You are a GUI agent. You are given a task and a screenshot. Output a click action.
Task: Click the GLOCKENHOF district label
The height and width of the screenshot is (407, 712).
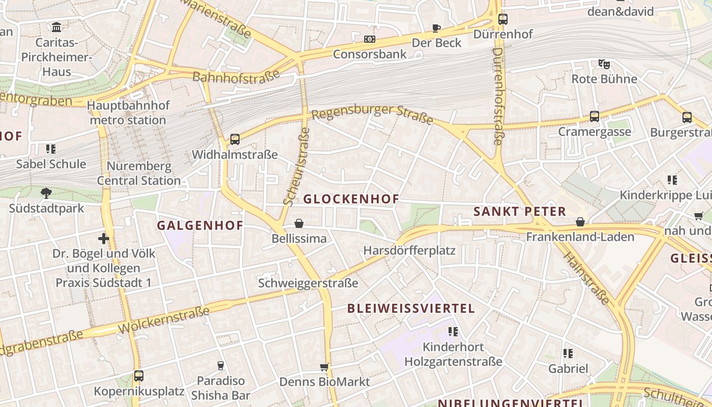(x=351, y=199)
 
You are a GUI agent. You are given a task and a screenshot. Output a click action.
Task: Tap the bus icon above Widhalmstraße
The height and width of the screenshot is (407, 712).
(x=234, y=139)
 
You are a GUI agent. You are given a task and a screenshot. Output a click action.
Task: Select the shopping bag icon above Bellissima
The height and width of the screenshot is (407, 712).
(x=299, y=223)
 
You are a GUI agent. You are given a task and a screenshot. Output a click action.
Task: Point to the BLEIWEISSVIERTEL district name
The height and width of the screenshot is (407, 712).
(x=411, y=308)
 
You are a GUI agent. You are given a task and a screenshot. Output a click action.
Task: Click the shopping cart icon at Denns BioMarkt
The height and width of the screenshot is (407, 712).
(x=324, y=367)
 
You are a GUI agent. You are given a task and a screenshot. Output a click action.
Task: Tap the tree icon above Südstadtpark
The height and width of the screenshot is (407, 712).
(x=46, y=193)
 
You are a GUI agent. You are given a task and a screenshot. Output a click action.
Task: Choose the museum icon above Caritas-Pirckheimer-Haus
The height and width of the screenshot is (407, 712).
(x=56, y=26)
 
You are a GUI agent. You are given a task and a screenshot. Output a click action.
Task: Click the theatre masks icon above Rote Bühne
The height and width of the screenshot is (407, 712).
(x=604, y=64)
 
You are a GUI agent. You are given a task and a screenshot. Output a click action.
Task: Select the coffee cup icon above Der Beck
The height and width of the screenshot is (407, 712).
(x=436, y=28)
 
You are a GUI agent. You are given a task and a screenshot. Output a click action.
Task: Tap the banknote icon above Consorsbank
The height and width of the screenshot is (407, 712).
(x=370, y=39)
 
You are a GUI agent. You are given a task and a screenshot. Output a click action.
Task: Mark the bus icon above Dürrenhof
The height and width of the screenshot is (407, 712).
(x=502, y=19)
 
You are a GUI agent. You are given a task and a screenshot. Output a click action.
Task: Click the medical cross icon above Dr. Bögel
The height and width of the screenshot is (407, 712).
(x=104, y=238)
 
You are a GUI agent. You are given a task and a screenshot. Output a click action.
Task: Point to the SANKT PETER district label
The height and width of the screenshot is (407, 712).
(x=519, y=212)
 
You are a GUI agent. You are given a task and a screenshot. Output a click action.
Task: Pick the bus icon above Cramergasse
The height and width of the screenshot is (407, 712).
(x=594, y=117)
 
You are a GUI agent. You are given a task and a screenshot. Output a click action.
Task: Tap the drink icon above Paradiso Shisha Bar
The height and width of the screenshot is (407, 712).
(x=221, y=365)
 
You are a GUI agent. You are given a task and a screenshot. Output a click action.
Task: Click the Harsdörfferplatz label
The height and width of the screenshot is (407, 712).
(x=409, y=251)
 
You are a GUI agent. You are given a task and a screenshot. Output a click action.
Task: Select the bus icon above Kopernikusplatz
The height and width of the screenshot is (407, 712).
(x=138, y=376)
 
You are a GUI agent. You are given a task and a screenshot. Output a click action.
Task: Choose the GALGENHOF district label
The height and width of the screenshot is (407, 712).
(x=200, y=225)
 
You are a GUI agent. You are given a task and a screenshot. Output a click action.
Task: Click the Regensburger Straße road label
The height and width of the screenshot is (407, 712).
(x=372, y=114)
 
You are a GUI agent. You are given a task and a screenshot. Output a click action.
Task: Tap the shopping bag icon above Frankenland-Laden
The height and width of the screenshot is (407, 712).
(x=580, y=222)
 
